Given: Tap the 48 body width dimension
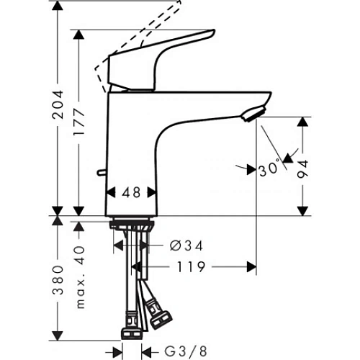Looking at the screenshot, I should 132,193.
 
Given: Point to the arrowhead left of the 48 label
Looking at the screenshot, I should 112,193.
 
